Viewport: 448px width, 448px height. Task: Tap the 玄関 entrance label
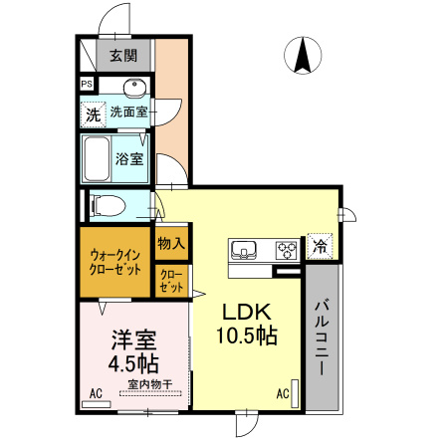pos(123,56)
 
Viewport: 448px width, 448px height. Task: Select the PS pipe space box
pos(87,86)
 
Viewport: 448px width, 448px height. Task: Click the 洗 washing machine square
pos(92,113)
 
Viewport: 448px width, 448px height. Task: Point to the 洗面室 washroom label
pos(128,112)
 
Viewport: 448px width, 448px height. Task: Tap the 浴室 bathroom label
pos(129,158)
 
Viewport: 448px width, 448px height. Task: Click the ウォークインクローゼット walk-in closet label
pos(114,262)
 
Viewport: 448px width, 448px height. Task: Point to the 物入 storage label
pos(170,242)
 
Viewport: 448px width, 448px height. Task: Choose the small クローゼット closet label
pos(170,281)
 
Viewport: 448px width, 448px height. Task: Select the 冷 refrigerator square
pos(320,245)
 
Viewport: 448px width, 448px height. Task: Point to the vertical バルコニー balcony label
pos(324,338)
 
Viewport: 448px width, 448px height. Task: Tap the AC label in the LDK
pos(282,394)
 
